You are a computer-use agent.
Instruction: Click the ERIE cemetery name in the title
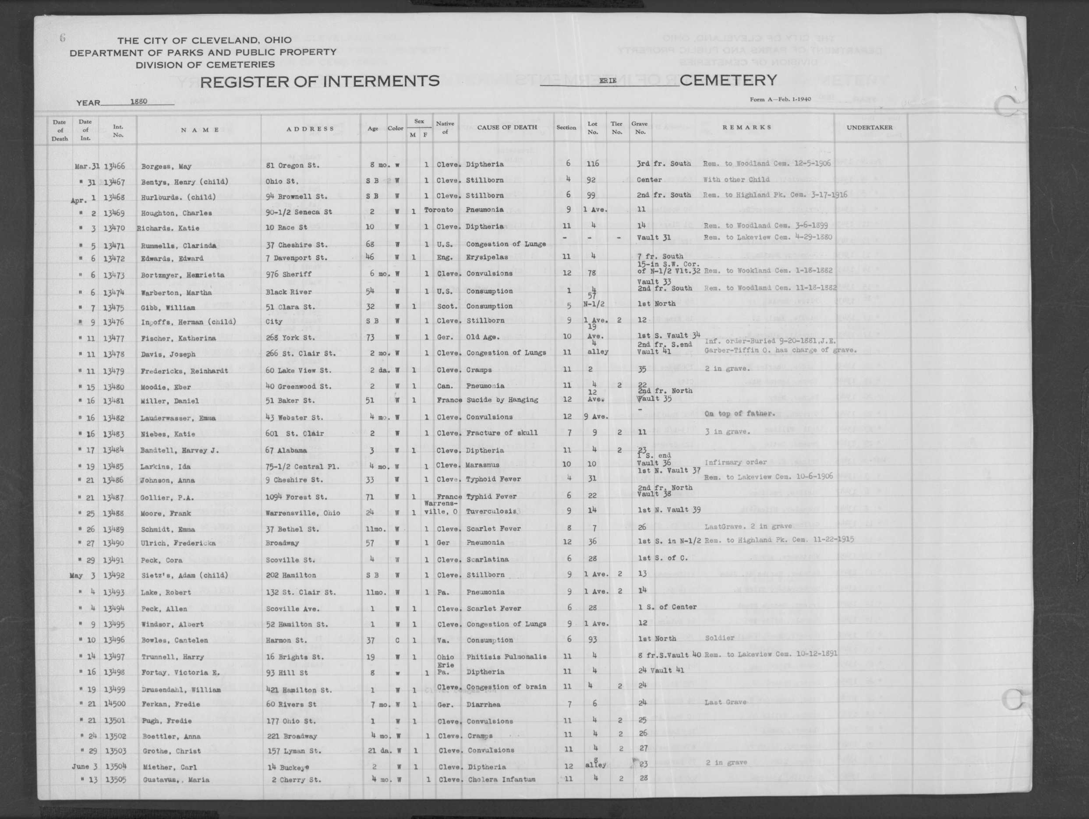point(608,81)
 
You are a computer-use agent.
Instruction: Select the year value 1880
point(139,102)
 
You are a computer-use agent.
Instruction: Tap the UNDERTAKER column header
point(870,127)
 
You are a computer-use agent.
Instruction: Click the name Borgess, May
point(166,166)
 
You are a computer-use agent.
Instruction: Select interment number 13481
point(114,401)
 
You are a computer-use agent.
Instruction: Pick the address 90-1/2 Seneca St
point(299,212)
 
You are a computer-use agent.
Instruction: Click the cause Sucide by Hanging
point(502,400)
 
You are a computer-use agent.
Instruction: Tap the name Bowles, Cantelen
point(174,640)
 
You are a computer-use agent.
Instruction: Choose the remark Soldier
point(719,638)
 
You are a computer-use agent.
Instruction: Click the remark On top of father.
point(739,413)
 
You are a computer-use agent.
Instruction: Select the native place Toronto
point(438,210)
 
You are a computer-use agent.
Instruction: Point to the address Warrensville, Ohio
point(302,513)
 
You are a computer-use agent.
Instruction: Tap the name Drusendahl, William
point(180,689)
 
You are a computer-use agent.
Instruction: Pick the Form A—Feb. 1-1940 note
point(780,99)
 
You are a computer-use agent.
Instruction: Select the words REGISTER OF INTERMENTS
point(319,81)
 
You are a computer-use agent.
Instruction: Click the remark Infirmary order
point(735,462)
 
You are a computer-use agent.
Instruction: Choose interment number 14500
point(114,704)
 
